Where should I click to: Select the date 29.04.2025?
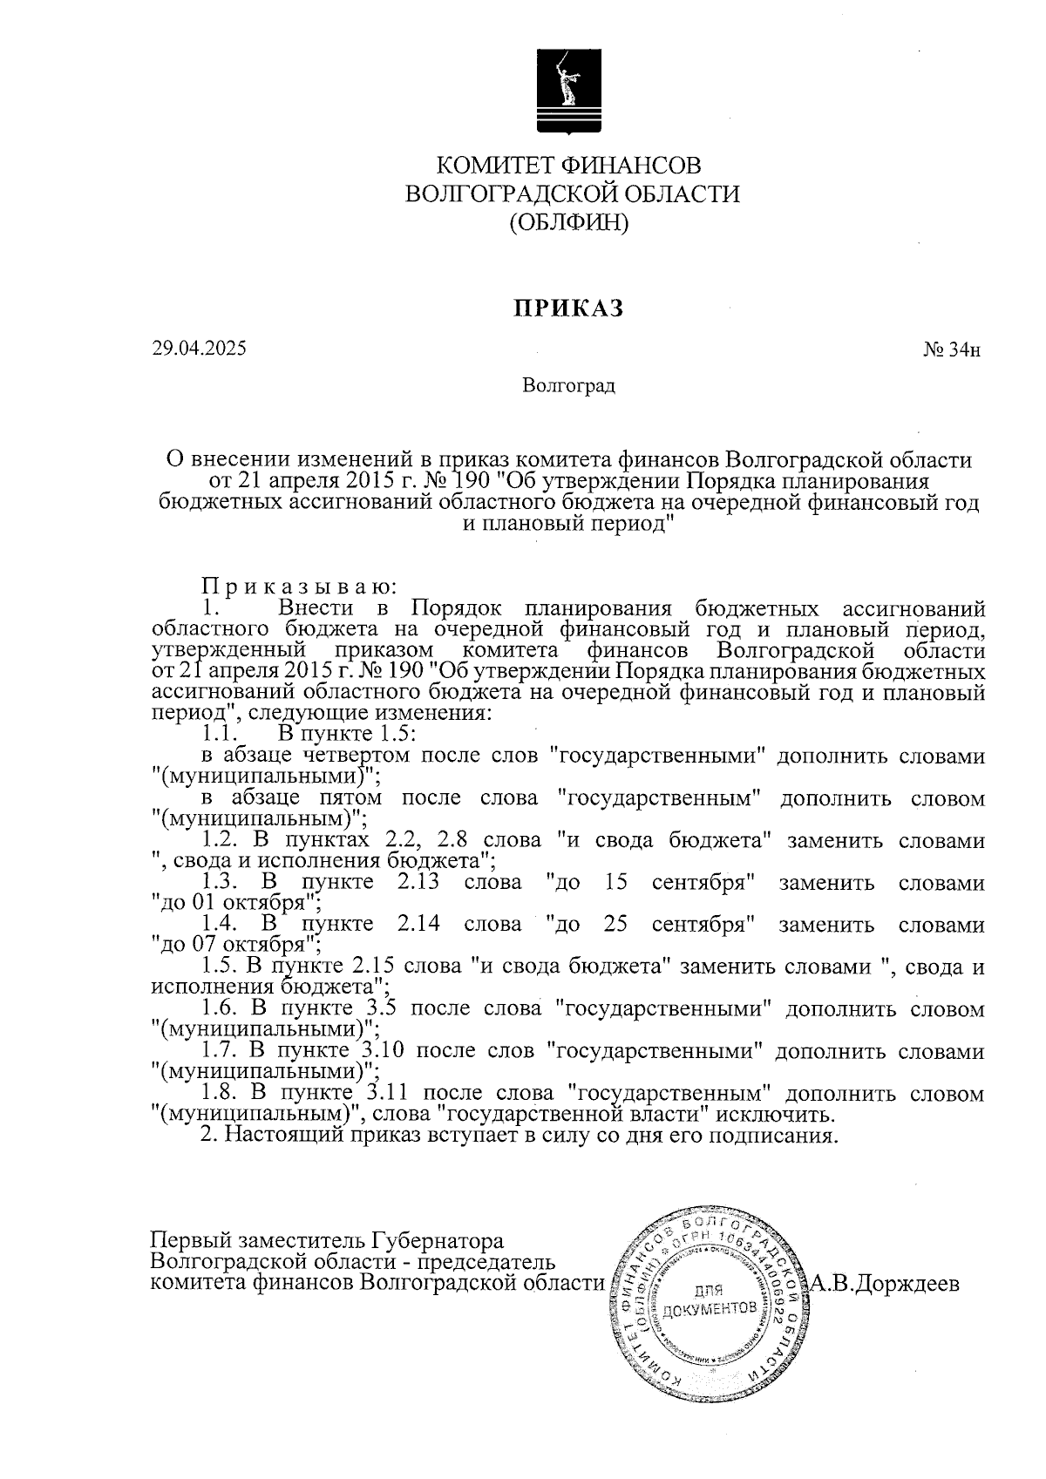click(199, 348)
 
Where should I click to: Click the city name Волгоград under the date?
click(568, 385)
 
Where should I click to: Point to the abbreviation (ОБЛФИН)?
click(568, 223)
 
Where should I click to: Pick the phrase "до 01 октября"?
click(236, 901)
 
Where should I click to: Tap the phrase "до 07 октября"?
click(236, 943)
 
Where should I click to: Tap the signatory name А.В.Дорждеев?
click(885, 1284)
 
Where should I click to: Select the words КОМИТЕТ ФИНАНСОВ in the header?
click(567, 165)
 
